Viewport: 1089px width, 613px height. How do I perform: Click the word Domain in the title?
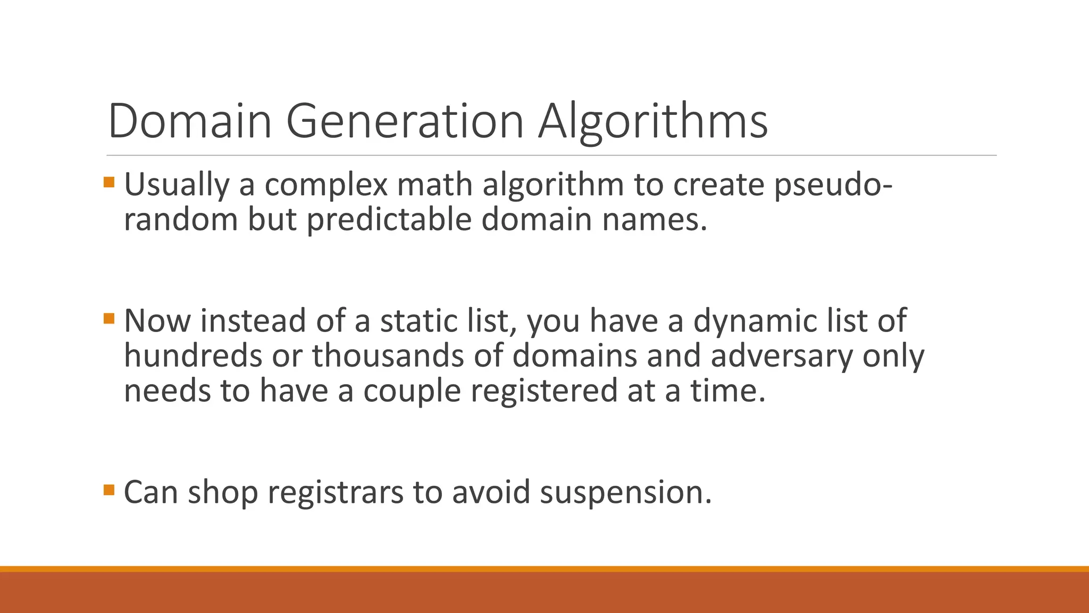click(x=190, y=121)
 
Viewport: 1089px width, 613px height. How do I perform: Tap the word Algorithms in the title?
click(x=652, y=121)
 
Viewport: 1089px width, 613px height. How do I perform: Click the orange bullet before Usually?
click(x=109, y=183)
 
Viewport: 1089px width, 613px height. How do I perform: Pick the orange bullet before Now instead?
click(x=109, y=319)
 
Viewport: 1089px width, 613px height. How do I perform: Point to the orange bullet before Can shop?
click(x=109, y=490)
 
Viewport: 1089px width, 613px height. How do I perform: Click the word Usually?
click(x=176, y=185)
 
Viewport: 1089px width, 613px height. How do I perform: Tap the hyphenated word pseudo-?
click(x=833, y=185)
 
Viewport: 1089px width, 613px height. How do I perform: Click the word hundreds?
click(x=193, y=355)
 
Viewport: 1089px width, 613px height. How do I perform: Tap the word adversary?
click(x=781, y=356)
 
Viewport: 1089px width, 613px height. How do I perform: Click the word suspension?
click(x=626, y=492)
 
